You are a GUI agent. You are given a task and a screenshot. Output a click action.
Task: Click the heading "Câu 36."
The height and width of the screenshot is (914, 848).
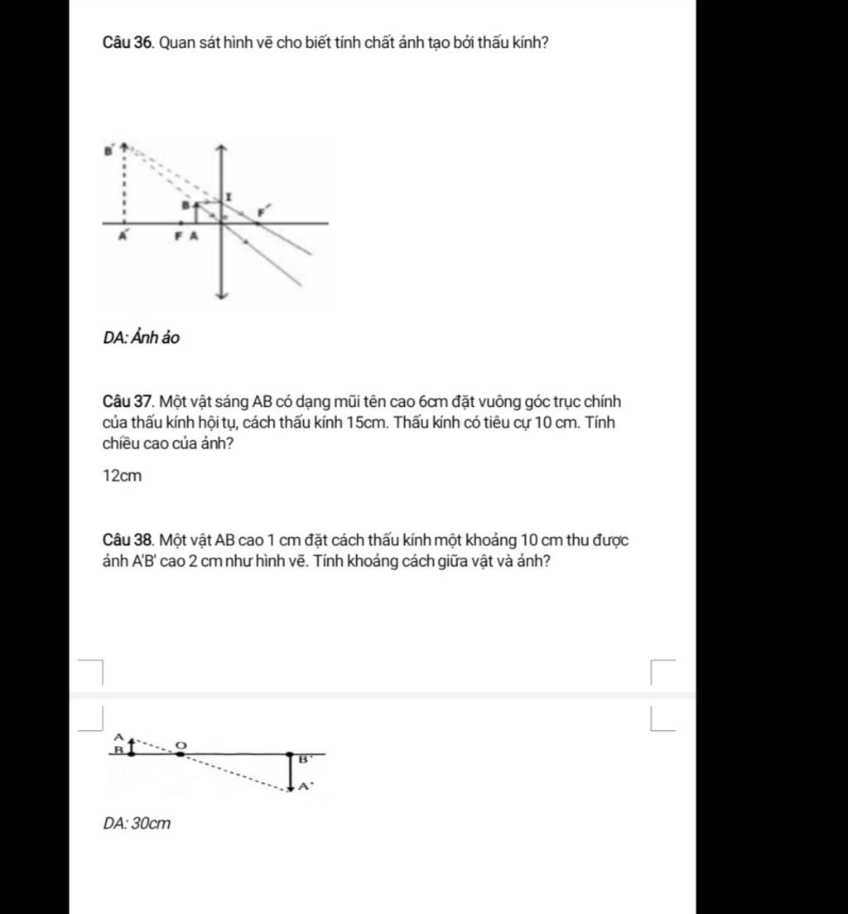tap(128, 43)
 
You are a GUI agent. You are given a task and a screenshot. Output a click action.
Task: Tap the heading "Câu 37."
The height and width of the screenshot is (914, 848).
tap(128, 402)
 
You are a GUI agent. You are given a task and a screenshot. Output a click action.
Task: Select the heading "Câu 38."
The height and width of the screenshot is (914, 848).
tap(128, 541)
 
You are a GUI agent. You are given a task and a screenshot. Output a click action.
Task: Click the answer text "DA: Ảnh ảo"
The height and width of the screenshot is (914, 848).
tap(142, 338)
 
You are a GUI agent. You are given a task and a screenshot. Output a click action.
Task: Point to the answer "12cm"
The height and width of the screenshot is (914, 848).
tap(122, 476)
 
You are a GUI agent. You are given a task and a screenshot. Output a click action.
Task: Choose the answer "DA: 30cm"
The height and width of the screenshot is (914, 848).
tap(137, 824)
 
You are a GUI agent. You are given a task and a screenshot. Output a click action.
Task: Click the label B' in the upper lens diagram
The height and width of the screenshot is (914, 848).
tap(108, 151)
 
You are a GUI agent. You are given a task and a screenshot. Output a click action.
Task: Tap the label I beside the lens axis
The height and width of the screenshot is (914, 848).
tap(229, 195)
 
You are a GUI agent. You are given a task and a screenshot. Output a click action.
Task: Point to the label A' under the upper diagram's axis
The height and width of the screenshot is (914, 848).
tap(124, 235)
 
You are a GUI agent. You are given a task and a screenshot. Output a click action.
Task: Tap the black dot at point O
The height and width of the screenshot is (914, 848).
tap(181, 753)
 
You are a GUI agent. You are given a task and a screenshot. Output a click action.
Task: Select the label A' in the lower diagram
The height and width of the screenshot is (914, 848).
tap(305, 786)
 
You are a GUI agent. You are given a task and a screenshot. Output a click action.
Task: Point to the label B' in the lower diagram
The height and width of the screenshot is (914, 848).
tap(304, 759)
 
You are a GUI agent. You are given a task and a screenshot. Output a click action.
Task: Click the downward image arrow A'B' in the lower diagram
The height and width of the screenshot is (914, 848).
tap(291, 772)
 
